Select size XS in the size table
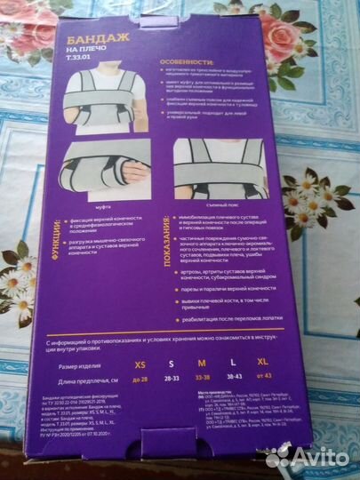[x=140, y=364]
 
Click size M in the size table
[x=202, y=363]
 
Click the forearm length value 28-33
[x=172, y=378]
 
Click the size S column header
[x=172, y=364]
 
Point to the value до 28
[x=140, y=379]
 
